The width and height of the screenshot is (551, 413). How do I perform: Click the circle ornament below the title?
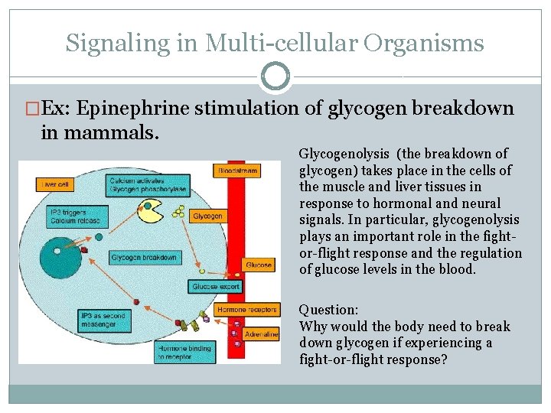tap(275, 76)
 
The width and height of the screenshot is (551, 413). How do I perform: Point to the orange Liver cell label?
tap(56, 184)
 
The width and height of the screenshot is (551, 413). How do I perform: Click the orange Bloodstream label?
tap(236, 169)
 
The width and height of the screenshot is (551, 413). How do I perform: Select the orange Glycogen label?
tap(207, 216)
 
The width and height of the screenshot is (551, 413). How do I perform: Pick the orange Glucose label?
tap(258, 265)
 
